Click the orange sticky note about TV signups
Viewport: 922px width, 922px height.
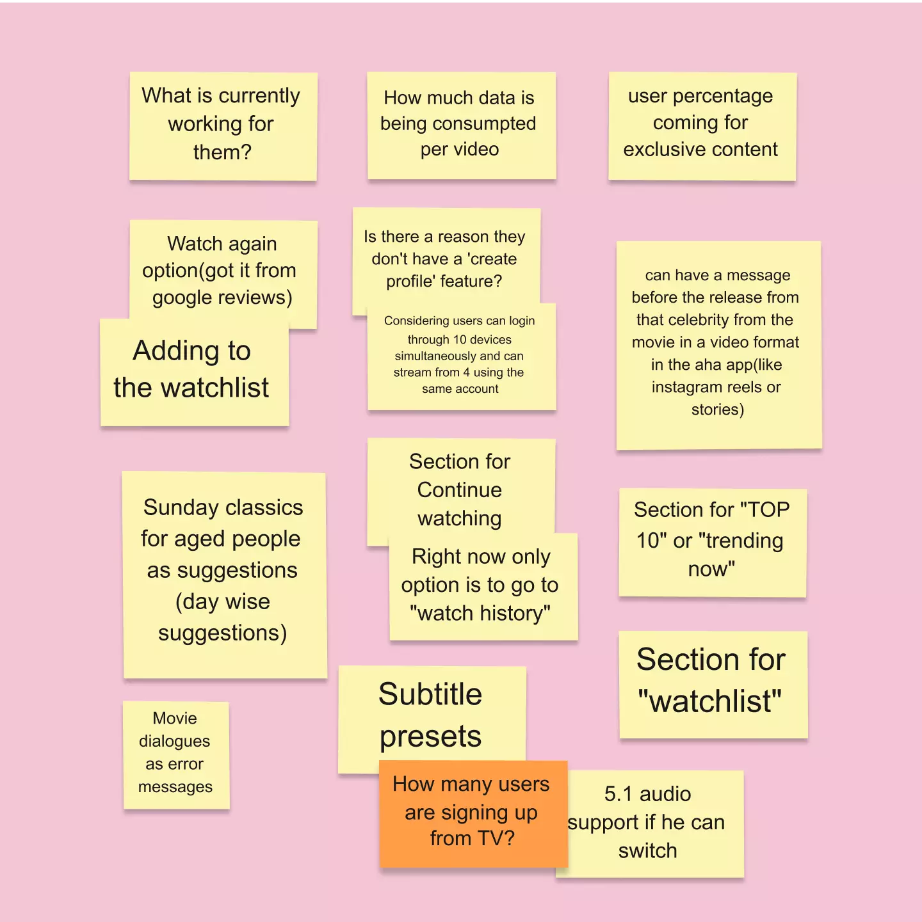click(473, 813)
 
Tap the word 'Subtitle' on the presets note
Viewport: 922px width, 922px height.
click(430, 694)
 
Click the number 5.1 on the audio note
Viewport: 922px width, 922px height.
click(619, 794)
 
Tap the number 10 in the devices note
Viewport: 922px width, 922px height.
click(460, 340)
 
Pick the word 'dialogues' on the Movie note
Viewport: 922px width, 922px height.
click(174, 741)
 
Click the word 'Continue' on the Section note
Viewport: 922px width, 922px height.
click(459, 489)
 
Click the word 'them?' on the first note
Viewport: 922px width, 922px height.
click(222, 152)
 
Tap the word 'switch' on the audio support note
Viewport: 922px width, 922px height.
click(647, 851)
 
